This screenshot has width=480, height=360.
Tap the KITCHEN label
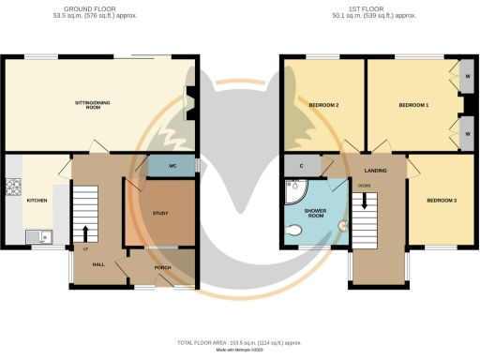tap(37, 201)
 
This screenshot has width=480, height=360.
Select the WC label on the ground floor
tap(172, 166)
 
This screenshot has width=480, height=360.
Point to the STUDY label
tap(158, 214)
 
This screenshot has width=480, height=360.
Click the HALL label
tap(98, 265)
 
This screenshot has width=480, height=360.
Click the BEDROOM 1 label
tap(413, 105)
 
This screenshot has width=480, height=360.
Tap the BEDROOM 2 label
tap(323, 105)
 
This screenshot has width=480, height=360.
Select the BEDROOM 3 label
tap(441, 201)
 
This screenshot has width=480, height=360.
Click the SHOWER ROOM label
tap(314, 213)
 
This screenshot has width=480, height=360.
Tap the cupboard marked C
tap(301, 166)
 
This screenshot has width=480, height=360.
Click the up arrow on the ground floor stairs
tap(86, 232)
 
